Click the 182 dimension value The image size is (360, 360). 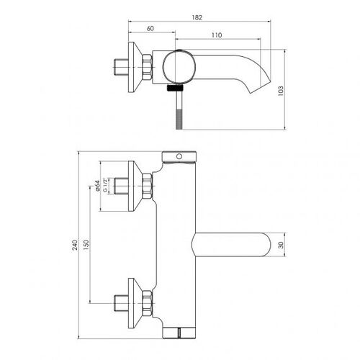(x=197, y=17)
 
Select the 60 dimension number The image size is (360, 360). (x=150, y=28)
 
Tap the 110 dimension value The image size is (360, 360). (x=217, y=35)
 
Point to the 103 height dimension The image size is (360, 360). (x=281, y=91)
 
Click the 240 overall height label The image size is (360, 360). (x=75, y=245)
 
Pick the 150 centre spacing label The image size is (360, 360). (x=86, y=245)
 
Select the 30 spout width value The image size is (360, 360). (x=281, y=245)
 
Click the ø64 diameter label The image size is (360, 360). (x=97, y=186)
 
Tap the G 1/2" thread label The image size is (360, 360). (x=104, y=185)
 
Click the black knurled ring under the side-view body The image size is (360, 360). (x=176, y=88)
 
